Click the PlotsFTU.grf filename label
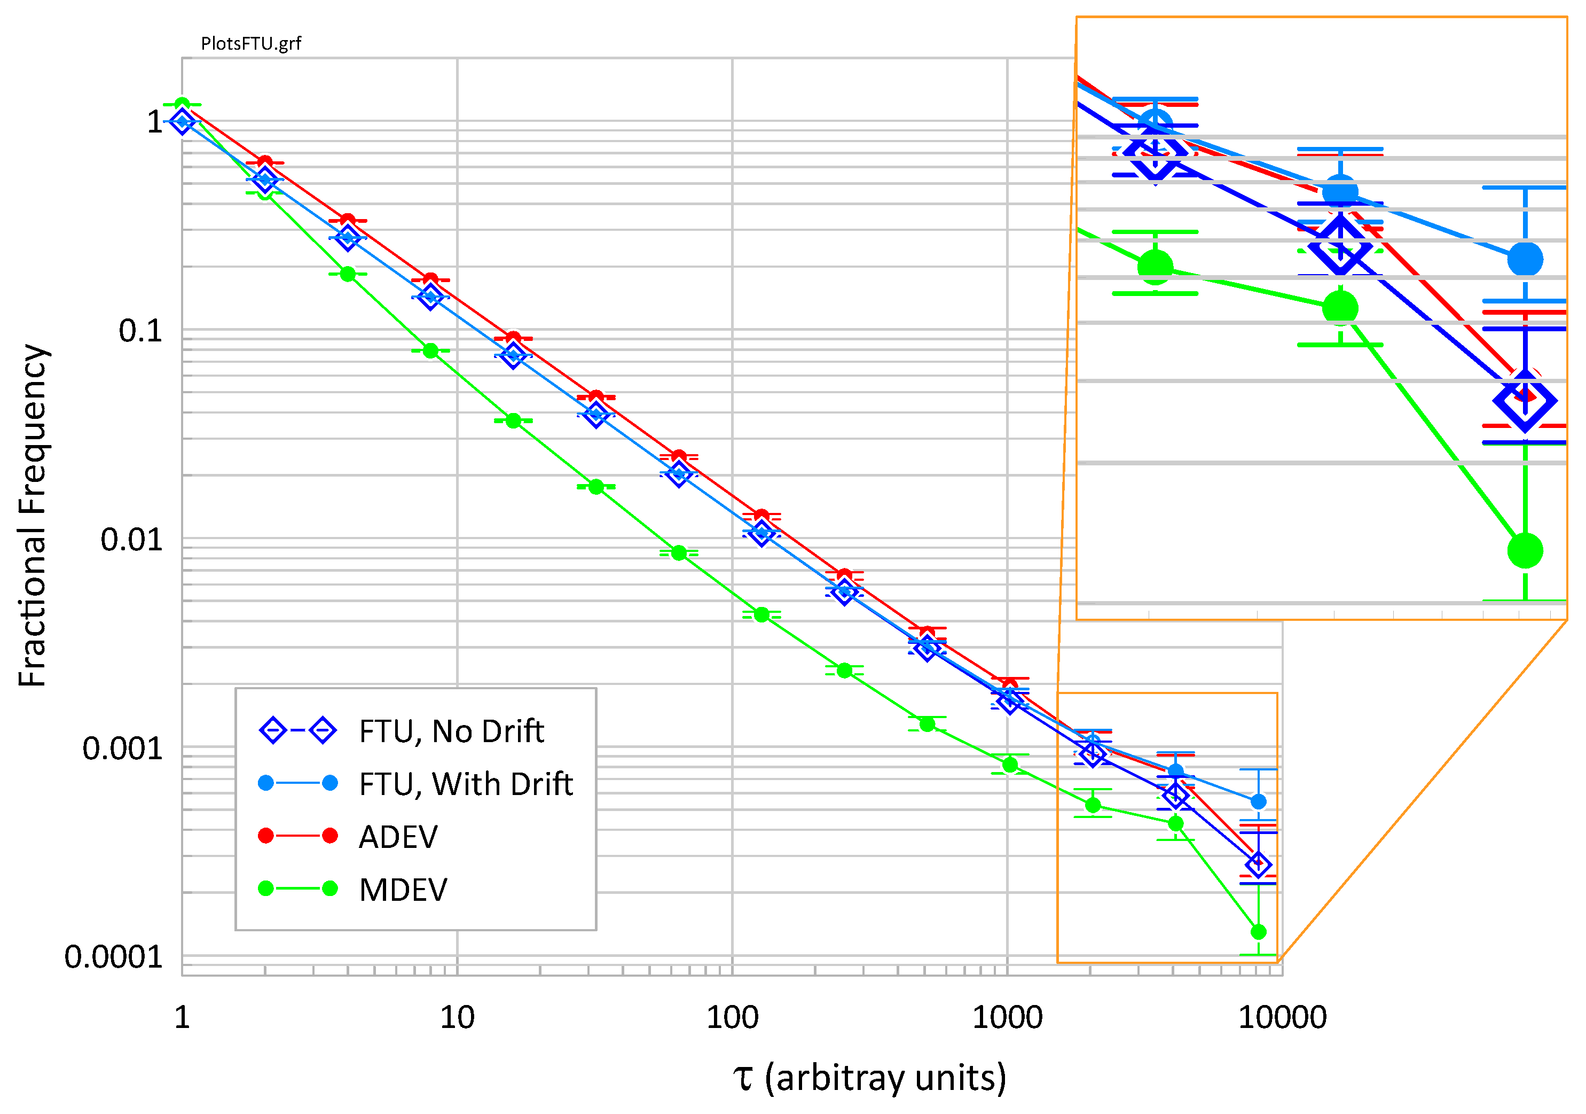tap(251, 43)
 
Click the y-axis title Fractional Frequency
tap(32, 516)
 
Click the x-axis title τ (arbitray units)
tap(869, 1077)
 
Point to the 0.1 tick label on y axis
tap(140, 331)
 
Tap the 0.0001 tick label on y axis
tap(113, 957)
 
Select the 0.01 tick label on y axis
tap(131, 540)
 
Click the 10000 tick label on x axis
tap(1282, 1017)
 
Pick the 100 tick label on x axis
tap(732, 1017)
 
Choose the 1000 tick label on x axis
tap(1007, 1017)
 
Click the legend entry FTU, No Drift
tap(451, 731)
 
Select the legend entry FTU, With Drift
tap(466, 784)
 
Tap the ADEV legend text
tap(398, 837)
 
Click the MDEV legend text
tap(403, 890)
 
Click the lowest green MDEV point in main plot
tap(1258, 932)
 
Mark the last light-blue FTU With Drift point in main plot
tap(1258, 801)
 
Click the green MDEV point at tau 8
tap(430, 350)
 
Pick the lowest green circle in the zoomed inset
tap(1525, 550)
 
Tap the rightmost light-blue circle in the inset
tap(1525, 259)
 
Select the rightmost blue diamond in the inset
tap(1525, 401)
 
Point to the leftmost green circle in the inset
tap(1155, 266)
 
